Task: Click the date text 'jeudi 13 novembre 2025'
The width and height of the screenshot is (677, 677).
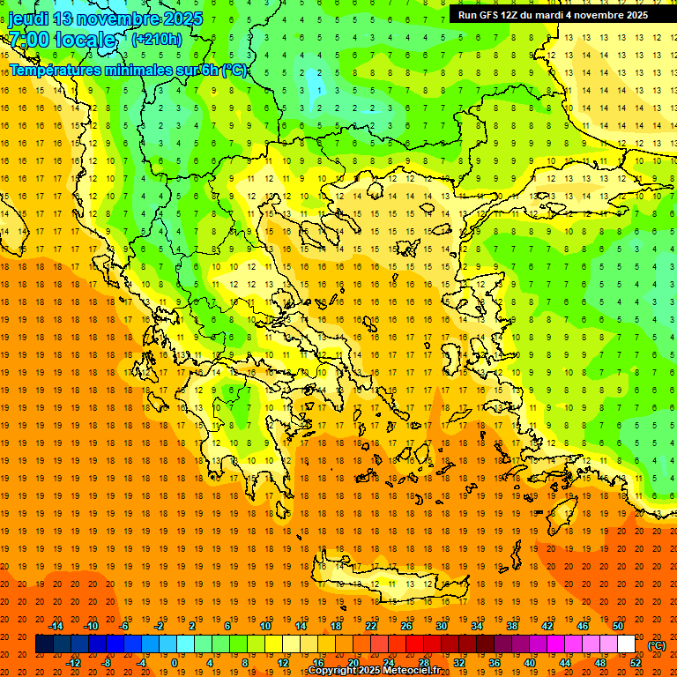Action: click(x=105, y=19)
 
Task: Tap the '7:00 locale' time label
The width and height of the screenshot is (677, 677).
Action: click(x=62, y=40)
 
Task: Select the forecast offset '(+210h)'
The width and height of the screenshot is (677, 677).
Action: click(x=157, y=40)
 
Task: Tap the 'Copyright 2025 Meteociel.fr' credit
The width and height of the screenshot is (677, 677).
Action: click(x=374, y=671)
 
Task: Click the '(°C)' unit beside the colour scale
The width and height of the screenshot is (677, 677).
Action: click(x=657, y=645)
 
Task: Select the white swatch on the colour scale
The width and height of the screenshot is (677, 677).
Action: click(x=627, y=644)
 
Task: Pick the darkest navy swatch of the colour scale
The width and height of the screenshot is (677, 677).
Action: click(x=44, y=644)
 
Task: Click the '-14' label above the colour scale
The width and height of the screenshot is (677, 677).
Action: click(x=56, y=626)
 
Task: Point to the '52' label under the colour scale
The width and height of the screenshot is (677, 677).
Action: click(x=636, y=663)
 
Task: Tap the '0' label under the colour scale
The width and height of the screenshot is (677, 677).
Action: click(x=175, y=663)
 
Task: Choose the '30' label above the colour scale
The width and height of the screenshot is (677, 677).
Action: click(x=442, y=626)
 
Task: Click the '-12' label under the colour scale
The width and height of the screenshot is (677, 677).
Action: click(x=74, y=663)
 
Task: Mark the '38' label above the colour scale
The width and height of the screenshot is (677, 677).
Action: click(x=512, y=626)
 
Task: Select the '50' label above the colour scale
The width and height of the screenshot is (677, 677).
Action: click(x=618, y=626)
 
